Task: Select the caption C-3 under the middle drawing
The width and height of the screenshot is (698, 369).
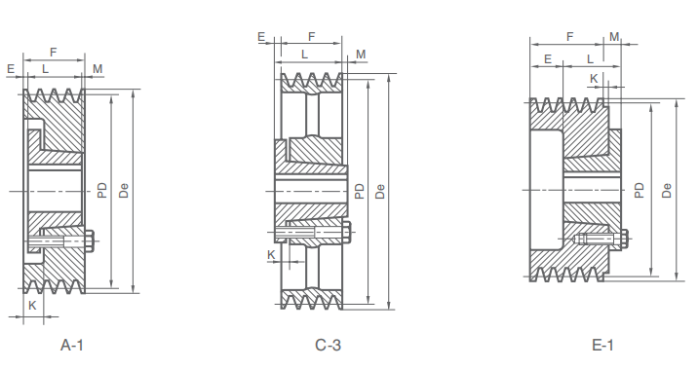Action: coord(328,345)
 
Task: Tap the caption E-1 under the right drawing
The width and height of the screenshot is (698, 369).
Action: coord(601,345)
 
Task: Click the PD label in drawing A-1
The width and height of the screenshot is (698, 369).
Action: coord(102,189)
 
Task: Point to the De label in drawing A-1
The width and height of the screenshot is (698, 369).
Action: coord(124,189)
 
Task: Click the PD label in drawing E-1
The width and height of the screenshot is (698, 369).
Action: coord(640,189)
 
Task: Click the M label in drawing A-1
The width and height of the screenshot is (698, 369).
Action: coord(97,68)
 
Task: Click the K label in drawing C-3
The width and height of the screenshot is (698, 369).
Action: coord(271,254)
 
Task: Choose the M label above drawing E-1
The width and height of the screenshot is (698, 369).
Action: coord(614,36)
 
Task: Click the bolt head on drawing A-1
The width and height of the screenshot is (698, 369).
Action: coord(90,239)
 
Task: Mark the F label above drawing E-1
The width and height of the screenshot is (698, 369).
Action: coord(568,36)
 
